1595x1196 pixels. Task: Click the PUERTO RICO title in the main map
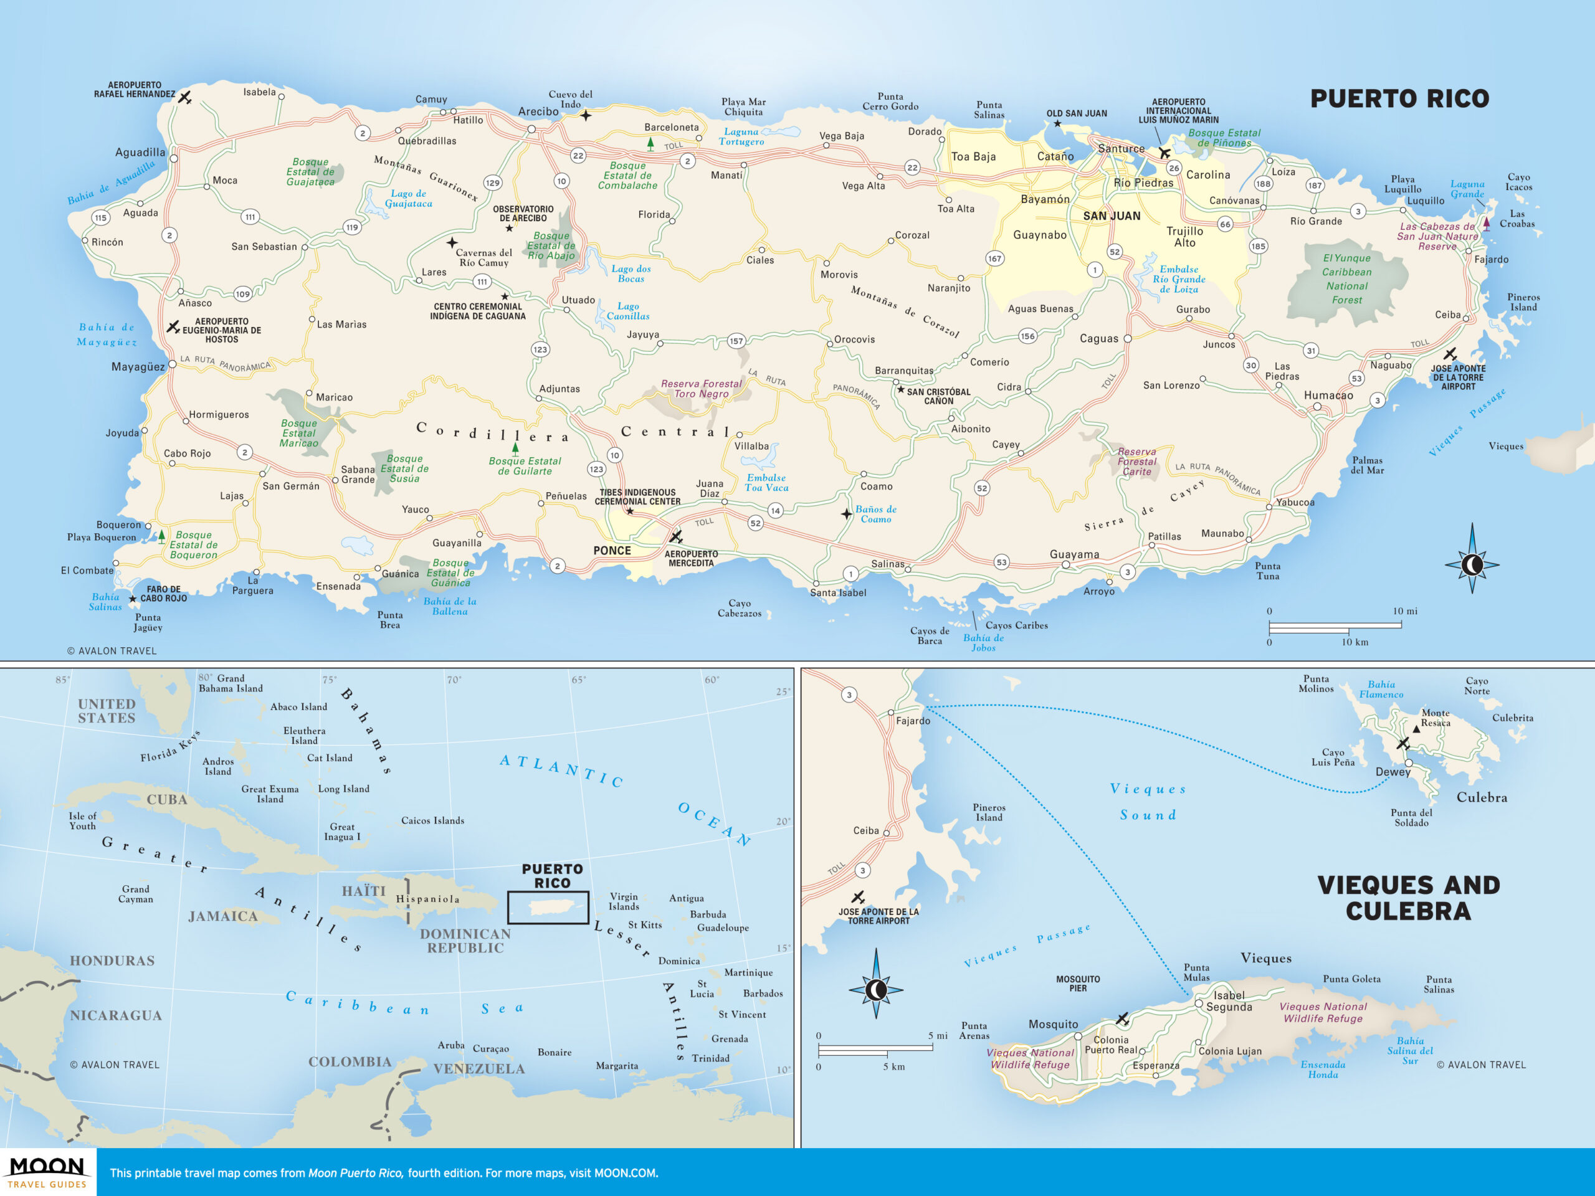pyautogui.click(x=1399, y=99)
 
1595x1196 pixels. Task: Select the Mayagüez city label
pyautogui.click(x=138, y=367)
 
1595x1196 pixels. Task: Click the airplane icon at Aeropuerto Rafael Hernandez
pyautogui.click(x=185, y=97)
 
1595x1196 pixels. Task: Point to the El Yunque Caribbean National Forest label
pyautogui.click(x=1346, y=279)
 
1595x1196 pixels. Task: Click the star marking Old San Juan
pyautogui.click(x=1057, y=124)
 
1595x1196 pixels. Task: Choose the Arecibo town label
pyautogui.click(x=538, y=112)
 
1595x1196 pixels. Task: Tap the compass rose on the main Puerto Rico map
pyautogui.click(x=1472, y=564)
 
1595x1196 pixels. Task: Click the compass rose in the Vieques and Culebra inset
pyautogui.click(x=876, y=990)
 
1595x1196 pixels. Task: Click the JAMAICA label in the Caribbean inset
pyautogui.click(x=223, y=916)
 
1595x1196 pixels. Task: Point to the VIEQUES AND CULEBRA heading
pyautogui.click(x=1408, y=898)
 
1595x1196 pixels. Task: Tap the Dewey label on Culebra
pyautogui.click(x=1393, y=772)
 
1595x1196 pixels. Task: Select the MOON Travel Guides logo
pyautogui.click(x=47, y=1172)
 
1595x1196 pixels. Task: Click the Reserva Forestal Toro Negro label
pyautogui.click(x=701, y=389)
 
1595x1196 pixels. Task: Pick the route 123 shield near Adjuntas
pyautogui.click(x=540, y=349)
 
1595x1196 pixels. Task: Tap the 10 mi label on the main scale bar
pyautogui.click(x=1404, y=611)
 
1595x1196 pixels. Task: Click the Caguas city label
pyautogui.click(x=1099, y=339)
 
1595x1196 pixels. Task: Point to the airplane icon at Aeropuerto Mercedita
pyautogui.click(x=675, y=537)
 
